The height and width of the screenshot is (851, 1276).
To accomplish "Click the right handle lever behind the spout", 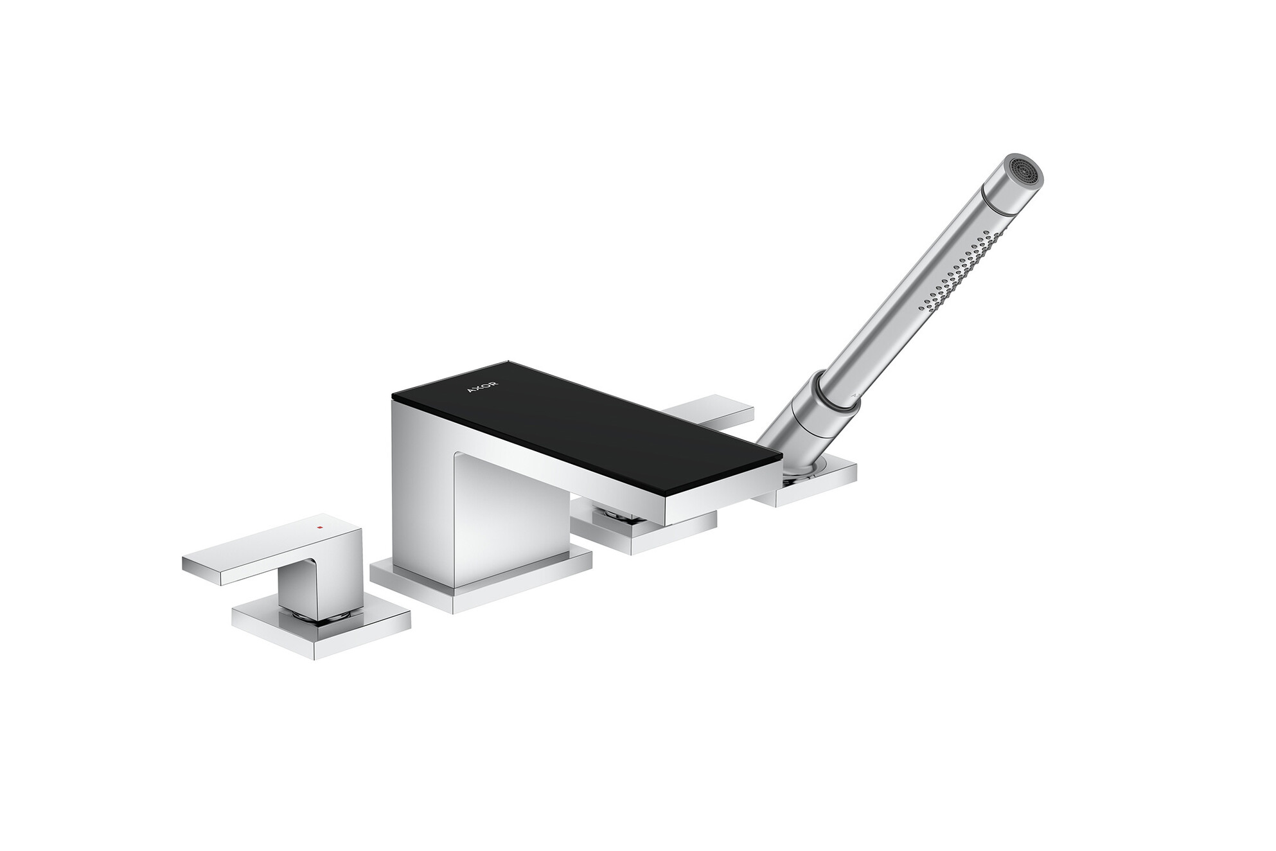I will point(713,412).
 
